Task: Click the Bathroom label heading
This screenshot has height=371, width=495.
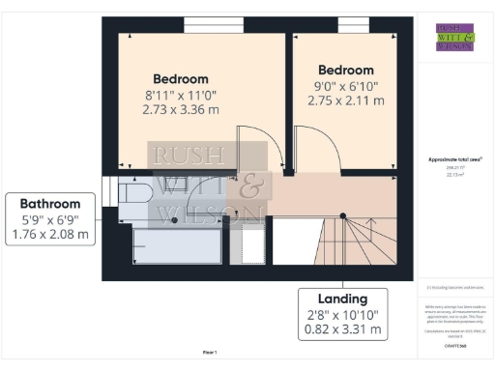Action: click(x=50, y=203)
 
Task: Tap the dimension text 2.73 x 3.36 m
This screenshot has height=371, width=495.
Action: click(x=181, y=110)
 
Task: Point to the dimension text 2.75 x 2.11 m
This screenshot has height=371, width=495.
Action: click(x=345, y=100)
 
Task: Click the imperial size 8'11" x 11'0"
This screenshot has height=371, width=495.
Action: click(x=181, y=95)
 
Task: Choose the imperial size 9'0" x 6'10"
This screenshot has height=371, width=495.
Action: click(x=345, y=85)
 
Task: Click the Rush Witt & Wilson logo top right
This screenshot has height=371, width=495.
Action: click(x=454, y=36)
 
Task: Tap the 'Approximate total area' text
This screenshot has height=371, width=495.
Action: click(x=454, y=159)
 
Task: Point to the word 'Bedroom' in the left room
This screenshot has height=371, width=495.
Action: click(x=181, y=78)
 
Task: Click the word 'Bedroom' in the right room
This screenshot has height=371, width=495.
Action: click(x=345, y=70)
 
